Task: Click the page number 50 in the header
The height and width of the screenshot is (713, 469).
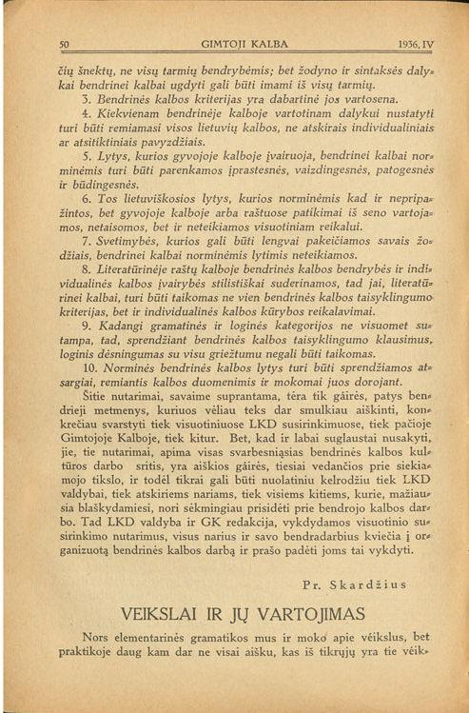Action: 65,44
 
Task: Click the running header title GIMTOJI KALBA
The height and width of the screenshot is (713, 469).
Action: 234,44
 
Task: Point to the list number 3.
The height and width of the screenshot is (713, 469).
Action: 87,98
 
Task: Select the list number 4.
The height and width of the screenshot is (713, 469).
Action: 87,115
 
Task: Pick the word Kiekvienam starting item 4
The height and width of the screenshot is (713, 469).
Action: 125,115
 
